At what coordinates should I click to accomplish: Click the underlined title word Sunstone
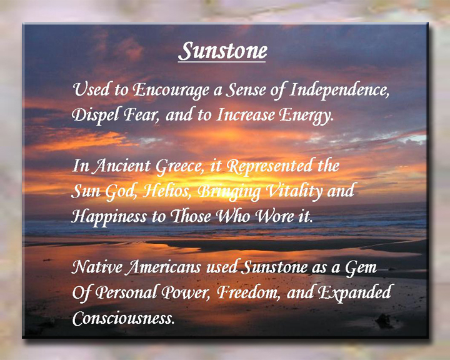tap(222, 51)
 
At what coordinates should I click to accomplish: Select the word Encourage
tap(171, 90)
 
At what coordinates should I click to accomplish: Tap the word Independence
tap(339, 89)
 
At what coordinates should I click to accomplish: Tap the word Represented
tap(269, 166)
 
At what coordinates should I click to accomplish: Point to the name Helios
tap(167, 191)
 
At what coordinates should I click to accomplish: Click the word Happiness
tap(109, 216)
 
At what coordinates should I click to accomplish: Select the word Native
tap(97, 267)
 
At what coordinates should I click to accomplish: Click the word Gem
tap(361, 267)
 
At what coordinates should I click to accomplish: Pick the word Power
tap(184, 292)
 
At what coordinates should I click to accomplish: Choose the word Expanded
tap(355, 292)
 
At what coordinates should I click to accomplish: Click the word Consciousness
tap(123, 318)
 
